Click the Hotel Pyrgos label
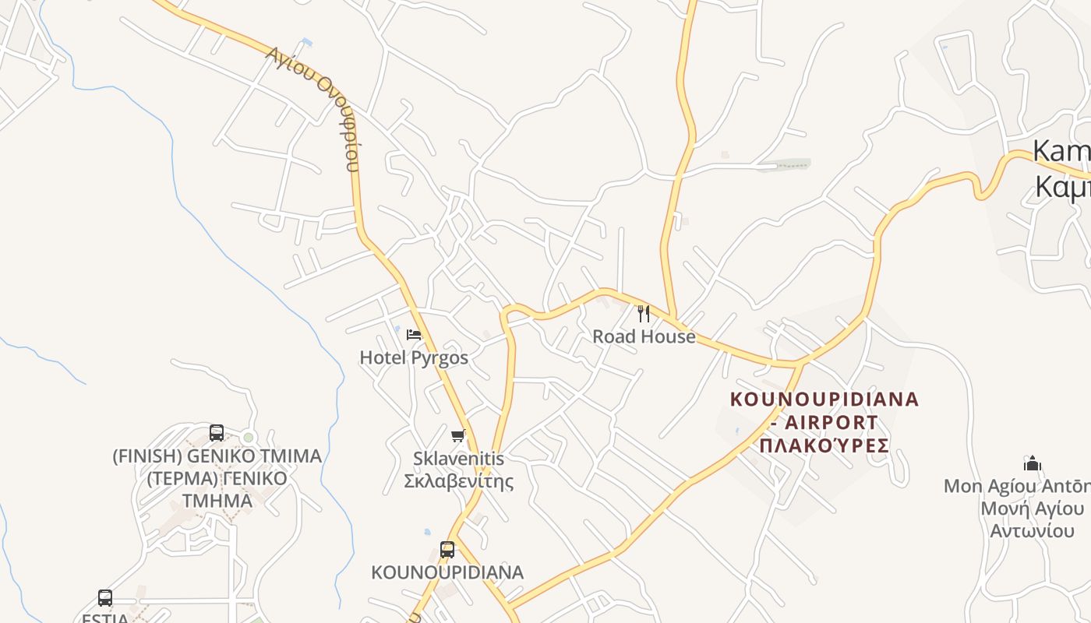414,357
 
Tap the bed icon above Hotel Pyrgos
414,335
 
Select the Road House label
644,336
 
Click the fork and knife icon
644,314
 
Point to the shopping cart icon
458,436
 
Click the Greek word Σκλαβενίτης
459,480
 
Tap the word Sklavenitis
459,459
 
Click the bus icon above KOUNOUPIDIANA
447,550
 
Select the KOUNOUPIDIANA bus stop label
447,572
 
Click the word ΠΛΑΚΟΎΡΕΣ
824,445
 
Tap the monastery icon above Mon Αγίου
1033,463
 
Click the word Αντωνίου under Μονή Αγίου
1033,531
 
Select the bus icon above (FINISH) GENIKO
217,433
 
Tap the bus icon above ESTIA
105,598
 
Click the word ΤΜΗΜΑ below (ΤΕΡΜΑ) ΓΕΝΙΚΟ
217,500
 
